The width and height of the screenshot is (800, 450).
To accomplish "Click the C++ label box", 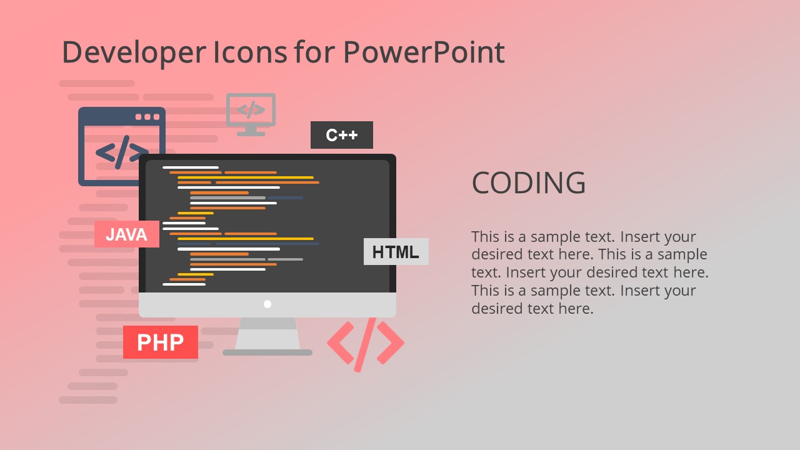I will click(x=341, y=135).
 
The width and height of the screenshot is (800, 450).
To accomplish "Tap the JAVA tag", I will click(x=126, y=234).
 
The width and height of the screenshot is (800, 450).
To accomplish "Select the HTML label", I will click(x=396, y=252).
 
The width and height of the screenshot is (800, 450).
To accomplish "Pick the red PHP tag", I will click(x=160, y=342).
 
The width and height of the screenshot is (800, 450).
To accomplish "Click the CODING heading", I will click(x=529, y=183).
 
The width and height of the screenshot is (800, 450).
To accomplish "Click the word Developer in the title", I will click(x=133, y=52).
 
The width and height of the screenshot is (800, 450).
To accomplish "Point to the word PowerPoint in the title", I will click(x=424, y=52).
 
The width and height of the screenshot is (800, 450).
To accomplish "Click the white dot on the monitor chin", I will click(x=267, y=304).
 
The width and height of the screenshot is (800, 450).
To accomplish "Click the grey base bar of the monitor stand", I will click(x=267, y=352).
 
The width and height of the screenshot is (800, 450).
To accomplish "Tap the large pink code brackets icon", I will click(x=366, y=343).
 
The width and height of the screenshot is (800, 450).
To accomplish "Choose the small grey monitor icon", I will click(x=251, y=113).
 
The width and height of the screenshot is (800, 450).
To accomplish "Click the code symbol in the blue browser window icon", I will click(x=120, y=152).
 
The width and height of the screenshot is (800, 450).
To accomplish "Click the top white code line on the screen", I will click(x=191, y=167).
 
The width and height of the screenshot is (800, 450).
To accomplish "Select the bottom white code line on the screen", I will click(x=184, y=284).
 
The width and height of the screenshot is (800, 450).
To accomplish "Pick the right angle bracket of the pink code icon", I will click(x=391, y=342).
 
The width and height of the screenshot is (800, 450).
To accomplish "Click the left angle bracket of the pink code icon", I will click(x=339, y=342).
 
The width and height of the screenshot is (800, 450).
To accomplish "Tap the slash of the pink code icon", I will click(x=365, y=344).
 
